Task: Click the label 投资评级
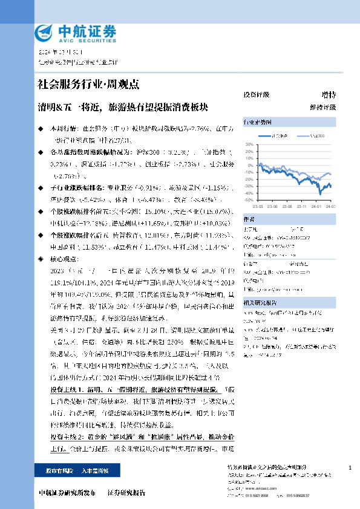click(x=256, y=95)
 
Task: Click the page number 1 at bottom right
click(x=350, y=468)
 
